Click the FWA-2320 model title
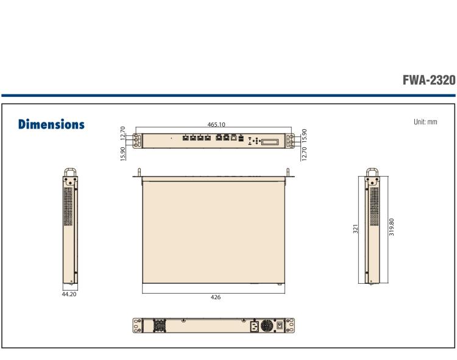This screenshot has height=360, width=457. pos(429,81)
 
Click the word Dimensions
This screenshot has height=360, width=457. pos(51,124)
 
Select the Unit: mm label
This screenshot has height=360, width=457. pos(425,122)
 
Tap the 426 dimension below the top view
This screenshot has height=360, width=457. pos(215,297)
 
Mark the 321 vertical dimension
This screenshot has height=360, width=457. pos(355,228)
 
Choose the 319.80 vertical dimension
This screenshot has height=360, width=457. pos(391,228)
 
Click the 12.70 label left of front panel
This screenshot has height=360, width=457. pos(123,132)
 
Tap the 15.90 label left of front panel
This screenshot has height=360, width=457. pos(123,149)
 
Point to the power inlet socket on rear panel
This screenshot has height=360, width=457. pos(253,326)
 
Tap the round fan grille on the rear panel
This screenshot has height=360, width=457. pos(267,326)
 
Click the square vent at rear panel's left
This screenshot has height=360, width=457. pos(160,326)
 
